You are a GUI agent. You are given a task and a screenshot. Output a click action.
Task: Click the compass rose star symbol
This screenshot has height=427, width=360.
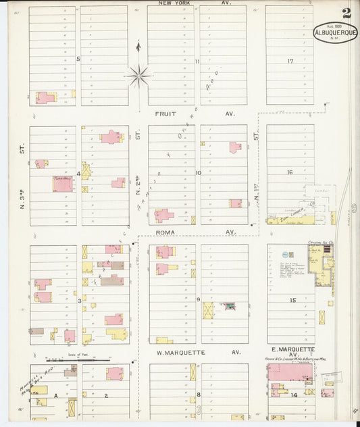(138, 76)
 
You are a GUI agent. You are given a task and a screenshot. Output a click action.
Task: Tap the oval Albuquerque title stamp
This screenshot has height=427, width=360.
(336, 32)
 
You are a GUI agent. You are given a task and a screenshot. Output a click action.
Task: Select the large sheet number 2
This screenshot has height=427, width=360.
(346, 13)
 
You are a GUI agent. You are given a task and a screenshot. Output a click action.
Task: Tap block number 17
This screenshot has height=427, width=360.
(290, 61)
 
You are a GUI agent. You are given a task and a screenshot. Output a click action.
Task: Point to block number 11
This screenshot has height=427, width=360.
(197, 61)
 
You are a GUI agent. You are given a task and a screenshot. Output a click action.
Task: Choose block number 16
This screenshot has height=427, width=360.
(290, 172)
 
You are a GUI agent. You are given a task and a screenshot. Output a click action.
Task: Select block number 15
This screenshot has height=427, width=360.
(292, 300)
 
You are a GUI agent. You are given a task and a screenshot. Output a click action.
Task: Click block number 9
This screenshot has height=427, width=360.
(198, 300)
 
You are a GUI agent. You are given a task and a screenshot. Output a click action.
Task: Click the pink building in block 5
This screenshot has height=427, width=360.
(45, 98)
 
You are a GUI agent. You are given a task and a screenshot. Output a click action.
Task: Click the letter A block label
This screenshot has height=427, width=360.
(56, 394)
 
